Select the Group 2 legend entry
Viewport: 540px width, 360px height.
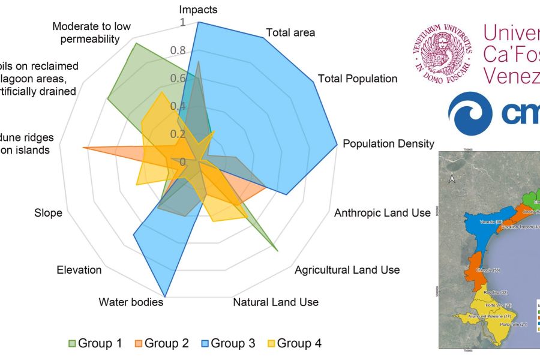click(161, 343)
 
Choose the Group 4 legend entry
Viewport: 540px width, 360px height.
click(293, 343)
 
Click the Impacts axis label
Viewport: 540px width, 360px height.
click(199, 10)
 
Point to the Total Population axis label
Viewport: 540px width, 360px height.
click(358, 79)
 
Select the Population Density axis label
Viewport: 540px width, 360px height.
click(388, 144)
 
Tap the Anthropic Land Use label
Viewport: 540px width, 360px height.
click(382, 213)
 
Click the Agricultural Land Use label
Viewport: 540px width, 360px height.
click(347, 270)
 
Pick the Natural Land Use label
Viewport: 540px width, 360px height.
click(275, 302)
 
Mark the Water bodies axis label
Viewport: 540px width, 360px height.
click(131, 302)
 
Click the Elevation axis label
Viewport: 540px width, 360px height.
click(79, 270)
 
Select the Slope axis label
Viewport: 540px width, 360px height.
click(48, 213)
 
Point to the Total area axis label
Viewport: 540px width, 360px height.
click(290, 32)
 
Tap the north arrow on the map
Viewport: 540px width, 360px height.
click(453, 178)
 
